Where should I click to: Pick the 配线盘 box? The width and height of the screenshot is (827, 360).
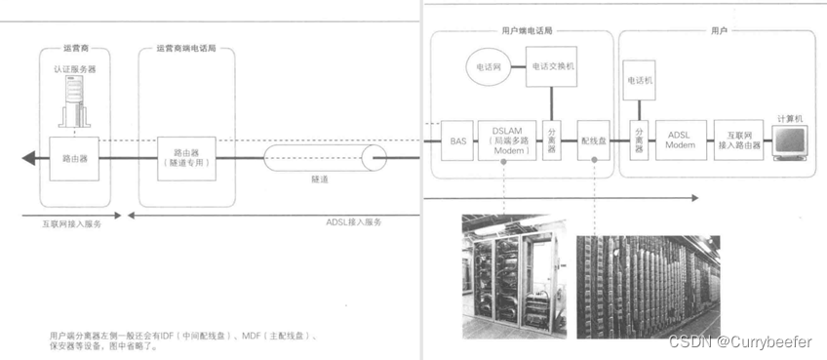592,140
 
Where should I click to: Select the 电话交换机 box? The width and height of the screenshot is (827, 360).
553,68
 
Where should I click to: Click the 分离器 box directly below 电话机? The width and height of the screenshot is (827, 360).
639,140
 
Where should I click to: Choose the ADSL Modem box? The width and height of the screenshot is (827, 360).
680,140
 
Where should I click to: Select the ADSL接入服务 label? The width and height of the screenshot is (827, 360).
354,222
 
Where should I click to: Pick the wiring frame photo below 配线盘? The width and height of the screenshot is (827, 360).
648,285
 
